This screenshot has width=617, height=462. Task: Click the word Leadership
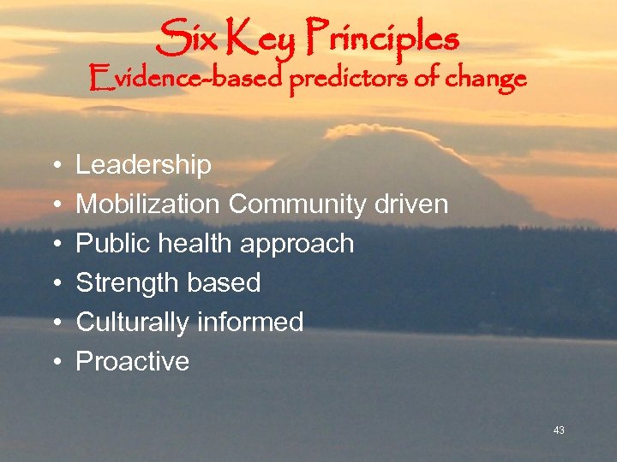tap(143, 165)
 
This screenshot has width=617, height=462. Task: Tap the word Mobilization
tap(149, 204)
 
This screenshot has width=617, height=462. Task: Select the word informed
tap(250, 322)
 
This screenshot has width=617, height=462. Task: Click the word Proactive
tap(133, 361)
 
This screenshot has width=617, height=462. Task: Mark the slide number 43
tap(559, 430)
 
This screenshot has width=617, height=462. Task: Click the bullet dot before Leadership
tap(55, 166)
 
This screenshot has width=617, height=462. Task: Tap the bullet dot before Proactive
tap(55, 362)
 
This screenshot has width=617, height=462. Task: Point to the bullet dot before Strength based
tap(55, 283)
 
